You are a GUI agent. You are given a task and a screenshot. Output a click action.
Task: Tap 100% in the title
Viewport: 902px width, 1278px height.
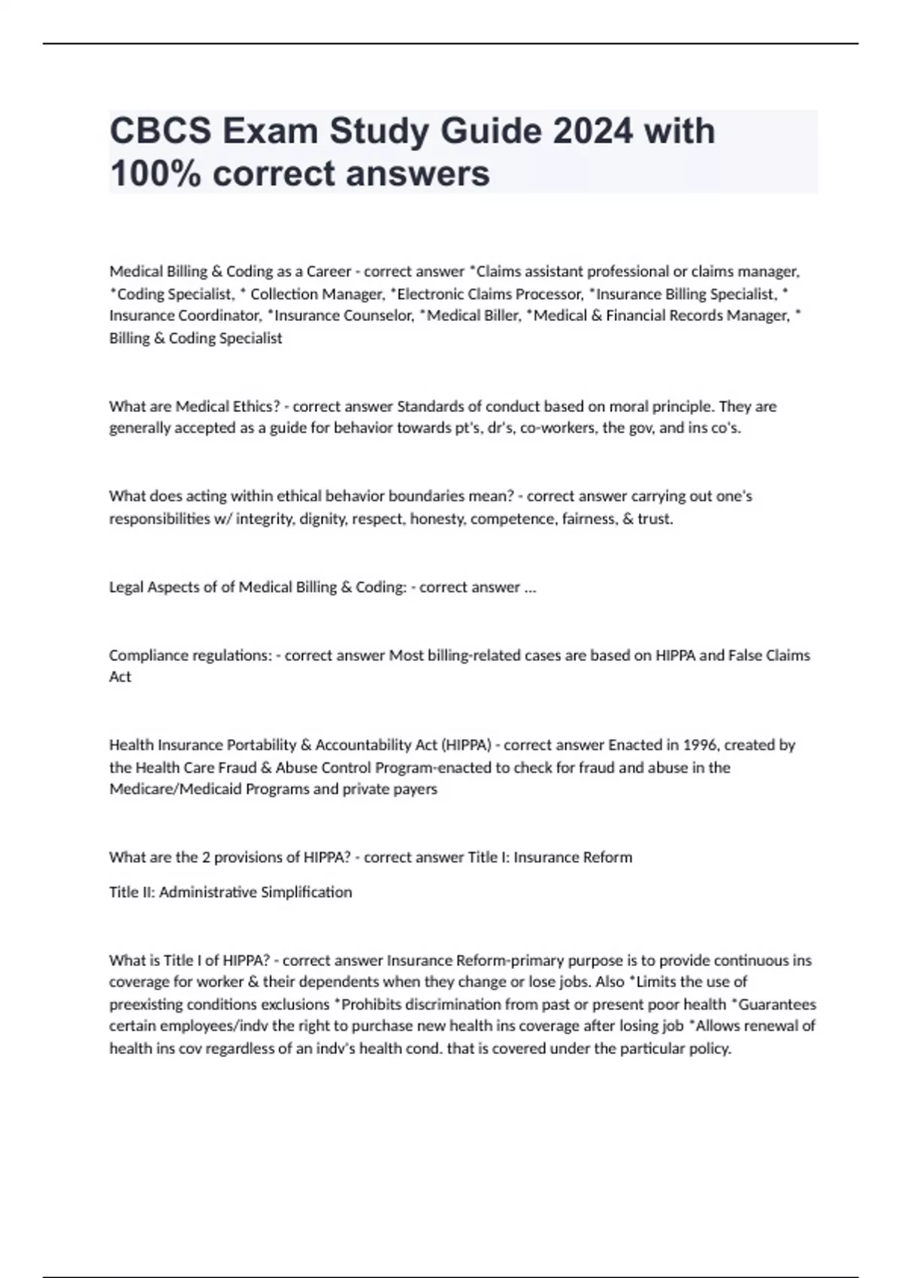coord(156,174)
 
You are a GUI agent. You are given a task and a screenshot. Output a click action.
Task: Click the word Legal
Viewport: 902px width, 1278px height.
coord(126,587)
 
